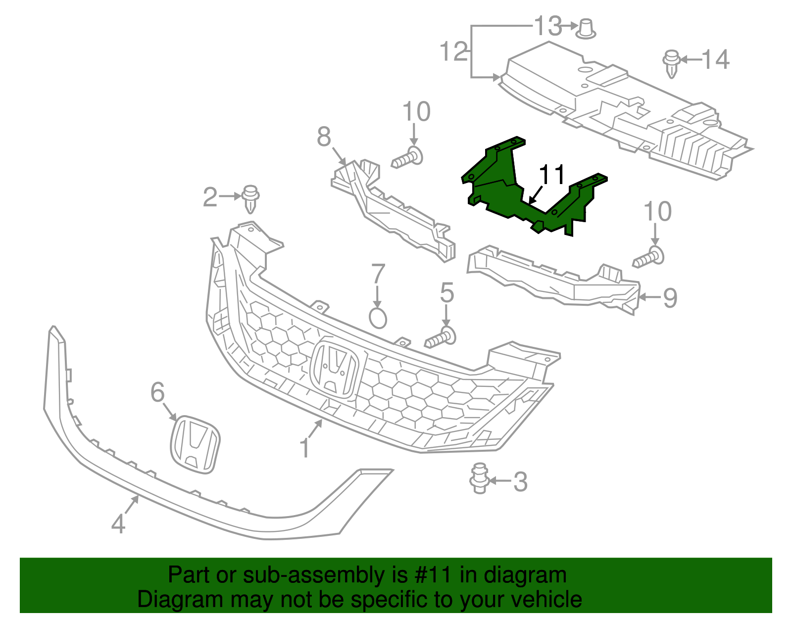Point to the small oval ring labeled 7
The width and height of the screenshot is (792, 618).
pos(378,318)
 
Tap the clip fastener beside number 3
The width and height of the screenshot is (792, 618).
pos(479,478)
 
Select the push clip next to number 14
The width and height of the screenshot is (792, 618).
pos(671,62)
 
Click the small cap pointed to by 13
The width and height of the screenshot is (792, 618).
pos(586,28)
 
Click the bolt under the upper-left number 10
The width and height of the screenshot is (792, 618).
pos(408,158)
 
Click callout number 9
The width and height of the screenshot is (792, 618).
pos(670,298)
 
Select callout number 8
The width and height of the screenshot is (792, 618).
pos(324,137)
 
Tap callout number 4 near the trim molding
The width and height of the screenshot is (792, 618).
pos(118,524)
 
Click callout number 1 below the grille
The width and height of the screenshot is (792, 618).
pos(305,448)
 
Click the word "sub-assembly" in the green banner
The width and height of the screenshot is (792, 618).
pos(313,575)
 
